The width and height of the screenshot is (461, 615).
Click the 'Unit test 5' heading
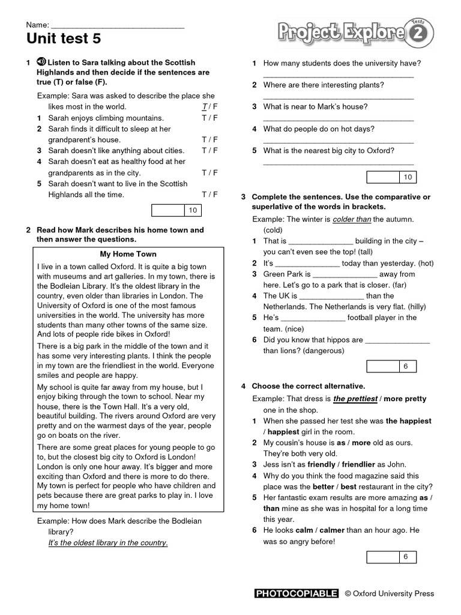coord(64,40)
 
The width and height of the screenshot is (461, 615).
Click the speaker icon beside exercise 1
coord(41,62)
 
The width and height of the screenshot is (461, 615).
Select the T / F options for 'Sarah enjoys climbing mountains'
coord(209,118)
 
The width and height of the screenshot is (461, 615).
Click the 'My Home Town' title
coord(128,254)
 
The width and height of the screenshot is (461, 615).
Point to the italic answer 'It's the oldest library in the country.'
coord(108,542)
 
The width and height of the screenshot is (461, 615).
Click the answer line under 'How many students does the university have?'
coord(338,76)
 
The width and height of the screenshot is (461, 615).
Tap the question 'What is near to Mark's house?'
coord(315,106)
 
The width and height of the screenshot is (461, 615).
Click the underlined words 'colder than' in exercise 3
coord(352,219)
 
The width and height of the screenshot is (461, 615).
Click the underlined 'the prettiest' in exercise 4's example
coord(355,398)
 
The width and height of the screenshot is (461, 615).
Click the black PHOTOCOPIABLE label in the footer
coord(297,593)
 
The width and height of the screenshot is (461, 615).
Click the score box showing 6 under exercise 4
coord(391,557)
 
